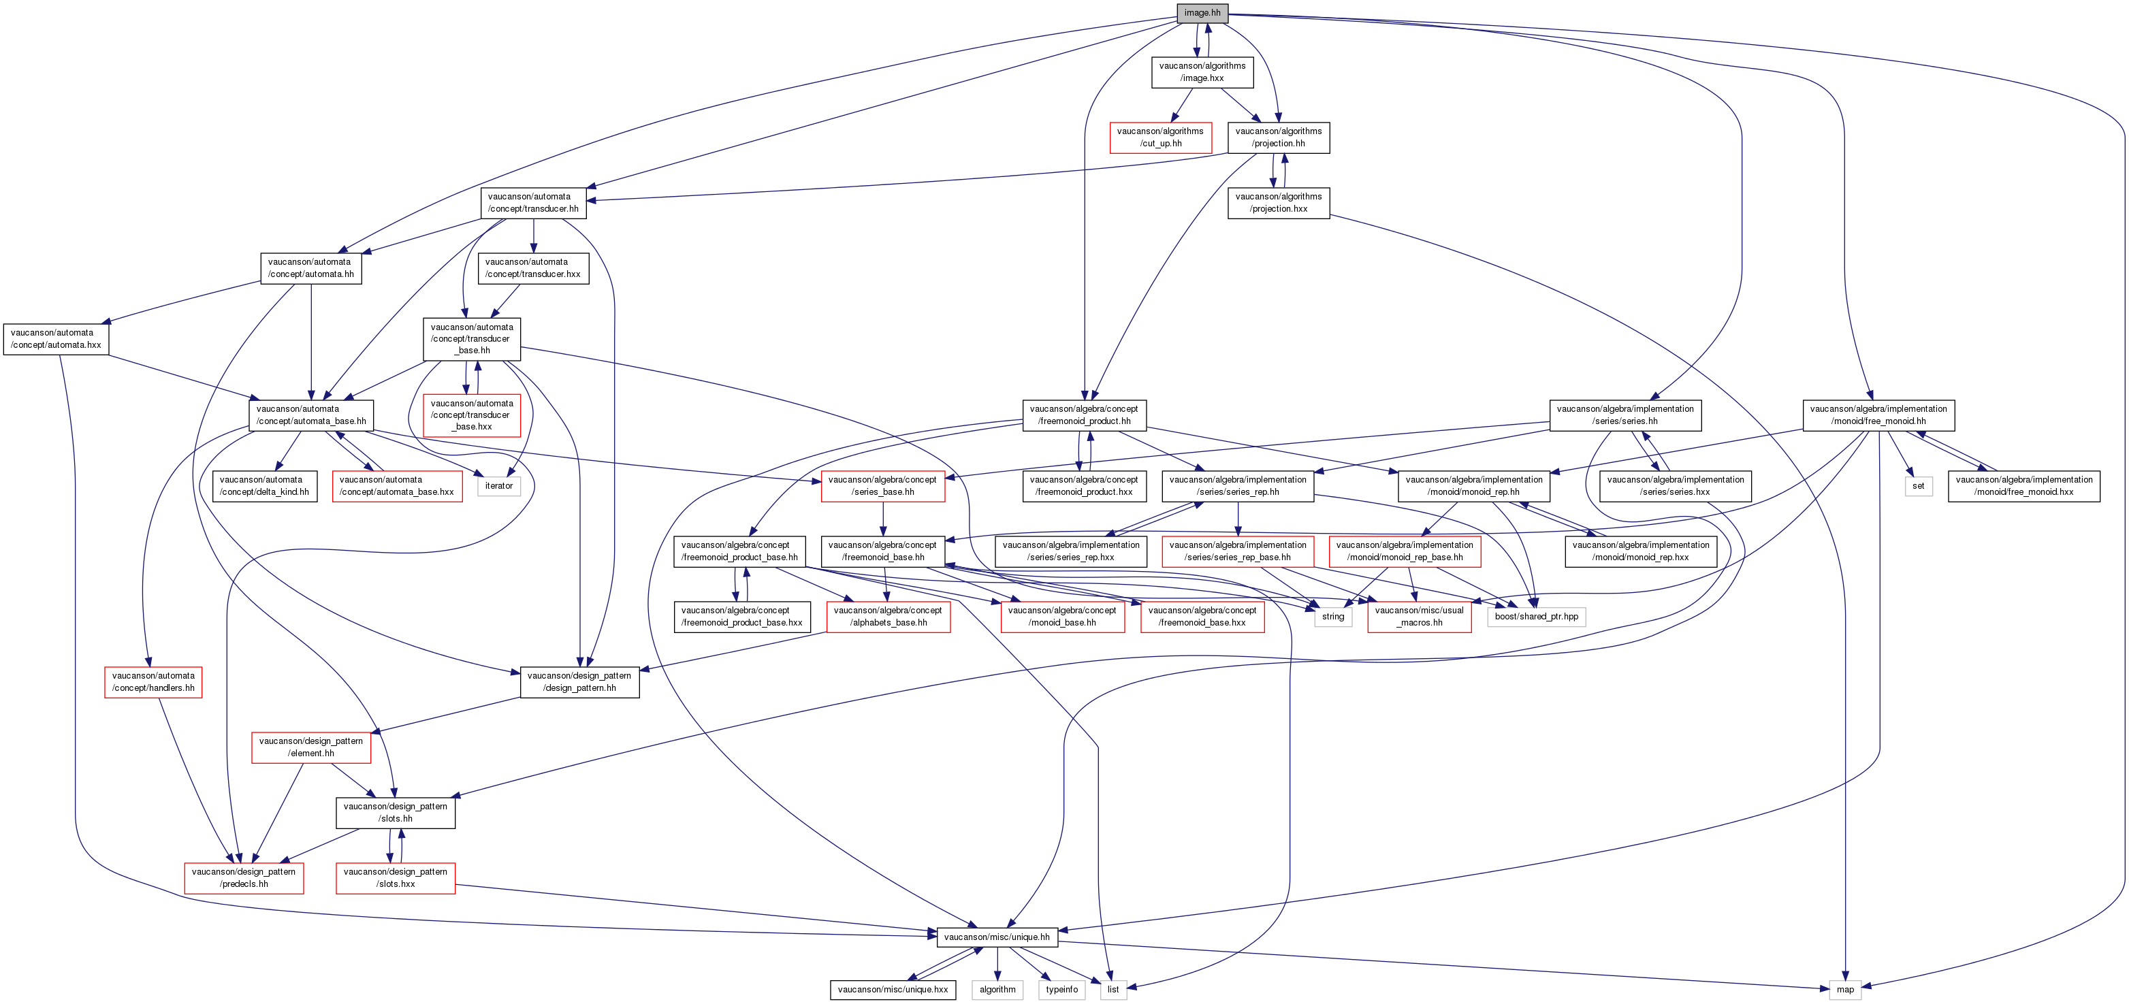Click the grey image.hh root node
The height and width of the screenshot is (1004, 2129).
pos(1202,12)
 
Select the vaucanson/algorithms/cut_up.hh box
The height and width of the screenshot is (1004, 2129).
pos(1160,137)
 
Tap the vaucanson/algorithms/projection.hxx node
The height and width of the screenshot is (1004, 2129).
pos(1278,202)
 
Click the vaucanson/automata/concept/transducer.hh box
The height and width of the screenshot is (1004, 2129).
pos(533,202)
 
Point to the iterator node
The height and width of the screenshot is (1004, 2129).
pos(498,486)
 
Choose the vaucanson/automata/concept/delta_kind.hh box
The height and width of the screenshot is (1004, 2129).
pos(264,486)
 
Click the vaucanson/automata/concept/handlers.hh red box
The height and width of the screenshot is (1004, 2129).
pos(153,682)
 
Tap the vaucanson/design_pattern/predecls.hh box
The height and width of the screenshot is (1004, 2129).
pos(244,877)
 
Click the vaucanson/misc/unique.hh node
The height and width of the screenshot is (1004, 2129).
pos(997,937)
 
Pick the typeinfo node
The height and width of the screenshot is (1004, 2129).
pos(1061,989)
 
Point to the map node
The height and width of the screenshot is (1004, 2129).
pos(1844,989)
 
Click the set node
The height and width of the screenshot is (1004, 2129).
pos(1917,486)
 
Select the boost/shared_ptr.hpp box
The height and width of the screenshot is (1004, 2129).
pos(1535,617)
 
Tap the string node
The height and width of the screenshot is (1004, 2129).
pos(1332,617)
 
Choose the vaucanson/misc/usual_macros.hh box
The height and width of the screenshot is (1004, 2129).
pos(1419,617)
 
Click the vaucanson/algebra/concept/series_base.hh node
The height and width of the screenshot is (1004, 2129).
pos(882,486)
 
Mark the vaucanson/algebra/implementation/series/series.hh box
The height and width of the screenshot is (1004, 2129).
pos(1625,415)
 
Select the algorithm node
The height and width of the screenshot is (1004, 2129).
pos(997,989)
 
